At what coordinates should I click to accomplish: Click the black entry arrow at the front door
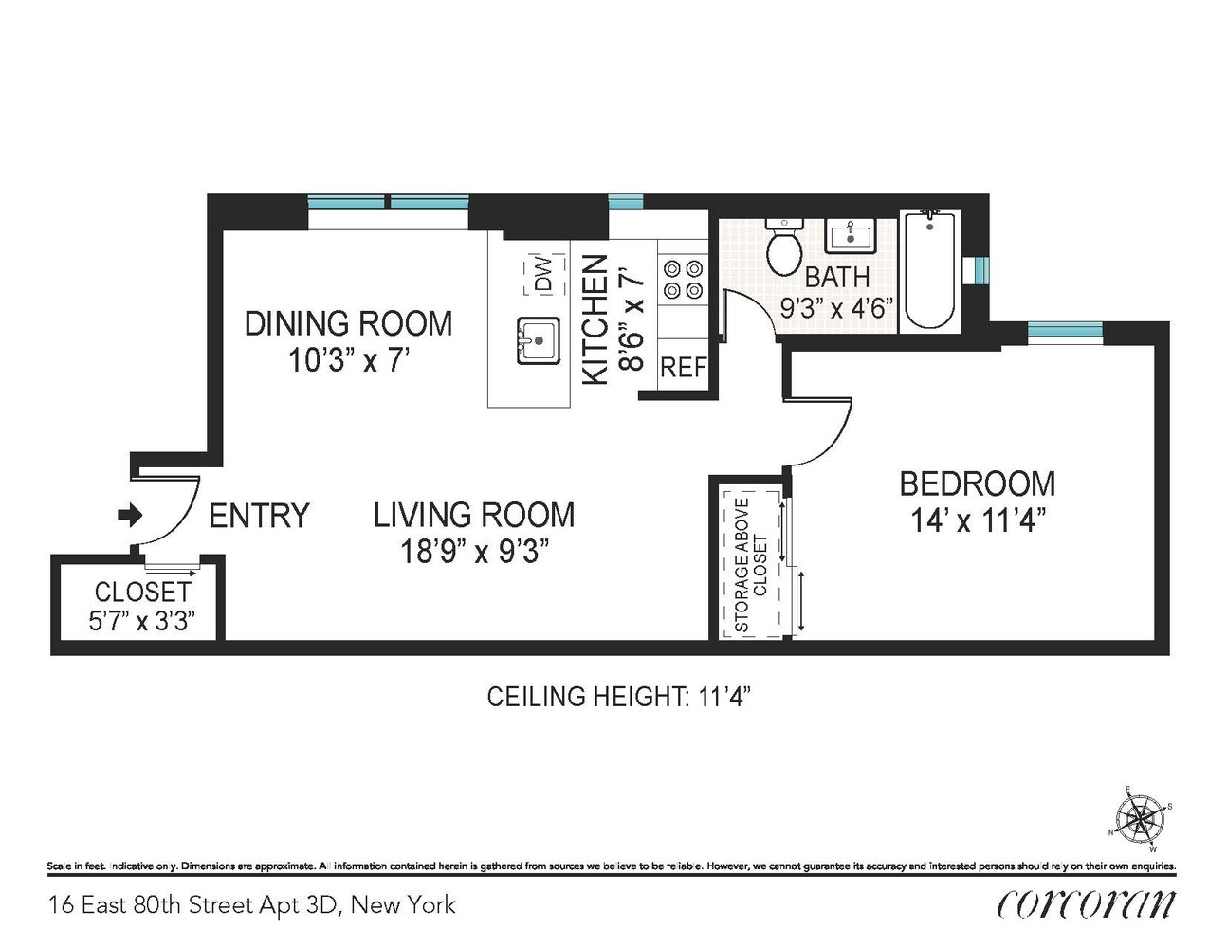[x=130, y=515]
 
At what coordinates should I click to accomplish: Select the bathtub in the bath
[x=929, y=268]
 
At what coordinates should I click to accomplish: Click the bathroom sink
[x=851, y=235]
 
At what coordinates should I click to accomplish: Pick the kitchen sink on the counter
[x=539, y=341]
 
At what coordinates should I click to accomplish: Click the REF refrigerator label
[x=684, y=368]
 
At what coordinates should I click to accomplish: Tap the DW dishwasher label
[x=543, y=274]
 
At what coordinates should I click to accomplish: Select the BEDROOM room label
[x=978, y=483]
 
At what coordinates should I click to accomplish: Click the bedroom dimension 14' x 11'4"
[x=975, y=520]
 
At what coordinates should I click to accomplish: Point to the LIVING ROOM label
[x=474, y=515]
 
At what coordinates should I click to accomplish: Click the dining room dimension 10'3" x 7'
[x=348, y=360]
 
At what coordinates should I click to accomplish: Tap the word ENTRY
[x=259, y=515]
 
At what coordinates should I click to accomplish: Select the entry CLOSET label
[x=142, y=592]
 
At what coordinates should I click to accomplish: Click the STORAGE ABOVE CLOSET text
[x=751, y=565]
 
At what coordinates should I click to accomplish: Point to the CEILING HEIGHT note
[x=619, y=697]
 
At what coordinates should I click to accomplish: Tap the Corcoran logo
[x=1086, y=905]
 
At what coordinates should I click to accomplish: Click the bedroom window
[x=1065, y=331]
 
